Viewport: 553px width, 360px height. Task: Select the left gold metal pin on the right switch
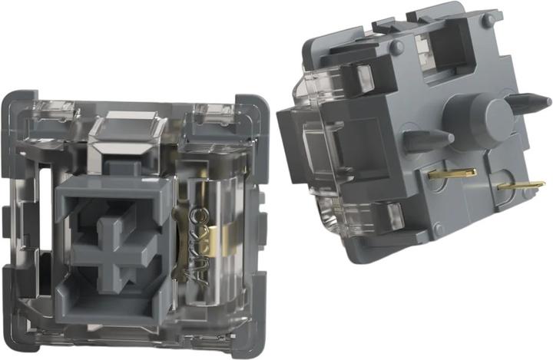[452, 173]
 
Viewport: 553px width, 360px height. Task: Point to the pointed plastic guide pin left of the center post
[428, 139]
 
